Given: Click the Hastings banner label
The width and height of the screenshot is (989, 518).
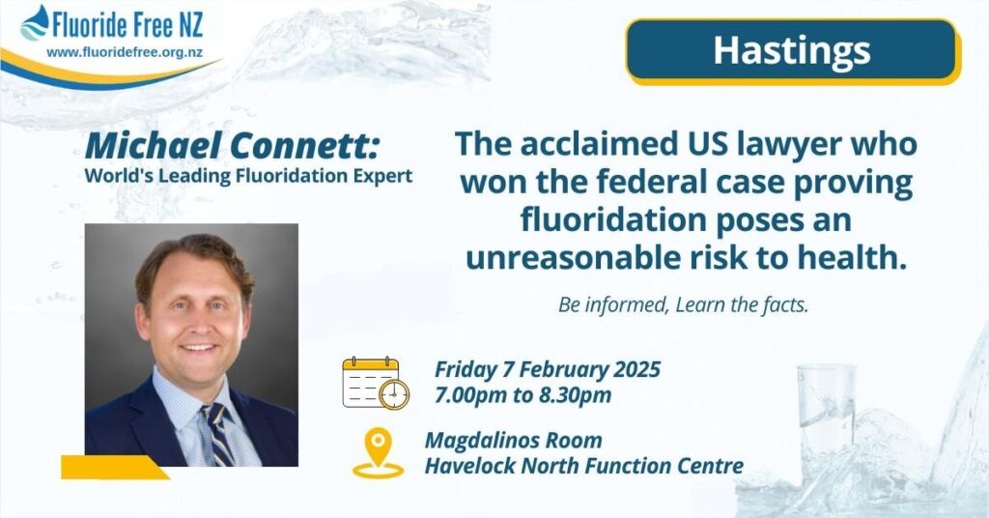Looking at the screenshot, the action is [x=792, y=51].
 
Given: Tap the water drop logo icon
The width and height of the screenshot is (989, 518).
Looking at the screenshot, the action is [x=35, y=23].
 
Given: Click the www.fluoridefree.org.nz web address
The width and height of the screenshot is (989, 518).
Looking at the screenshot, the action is [x=125, y=53].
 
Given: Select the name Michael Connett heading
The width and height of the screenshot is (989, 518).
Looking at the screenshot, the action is [x=232, y=146].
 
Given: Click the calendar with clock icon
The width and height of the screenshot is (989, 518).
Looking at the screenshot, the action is [x=376, y=384].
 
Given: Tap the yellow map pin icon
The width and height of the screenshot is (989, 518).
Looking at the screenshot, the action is [x=378, y=453].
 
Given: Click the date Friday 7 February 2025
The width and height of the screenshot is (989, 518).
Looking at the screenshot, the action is [x=548, y=370].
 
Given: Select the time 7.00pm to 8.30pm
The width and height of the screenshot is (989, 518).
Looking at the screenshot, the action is [x=523, y=395].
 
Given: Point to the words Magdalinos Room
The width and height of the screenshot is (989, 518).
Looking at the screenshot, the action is [x=514, y=440].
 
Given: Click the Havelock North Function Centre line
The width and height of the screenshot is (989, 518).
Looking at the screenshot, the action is [x=584, y=466].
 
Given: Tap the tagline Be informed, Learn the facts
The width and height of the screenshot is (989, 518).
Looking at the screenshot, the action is [x=683, y=305].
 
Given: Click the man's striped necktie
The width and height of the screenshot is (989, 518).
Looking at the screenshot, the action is [x=217, y=434].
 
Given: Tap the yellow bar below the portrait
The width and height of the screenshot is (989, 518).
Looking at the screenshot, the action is [x=115, y=468].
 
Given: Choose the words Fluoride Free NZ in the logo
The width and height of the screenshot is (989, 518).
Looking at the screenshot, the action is [x=128, y=26].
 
